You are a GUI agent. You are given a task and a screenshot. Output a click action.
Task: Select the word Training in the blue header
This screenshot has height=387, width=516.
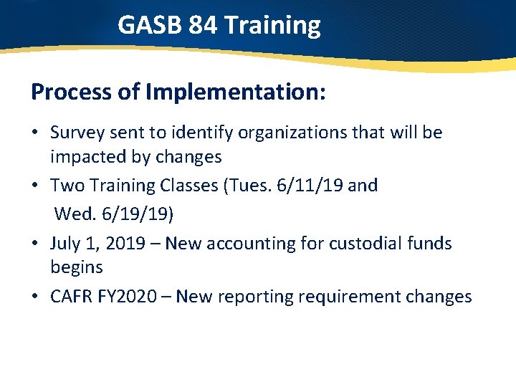(272, 26)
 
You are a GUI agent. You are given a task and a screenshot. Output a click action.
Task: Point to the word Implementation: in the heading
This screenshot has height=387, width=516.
(236, 92)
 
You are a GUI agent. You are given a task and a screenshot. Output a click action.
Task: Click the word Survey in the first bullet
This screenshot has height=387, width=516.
(76, 133)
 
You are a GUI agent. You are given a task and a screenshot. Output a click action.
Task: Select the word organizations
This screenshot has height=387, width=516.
(274, 133)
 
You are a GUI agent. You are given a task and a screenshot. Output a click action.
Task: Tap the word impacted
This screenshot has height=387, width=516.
(85, 156)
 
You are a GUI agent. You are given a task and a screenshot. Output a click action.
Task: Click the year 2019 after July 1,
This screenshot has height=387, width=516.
(125, 244)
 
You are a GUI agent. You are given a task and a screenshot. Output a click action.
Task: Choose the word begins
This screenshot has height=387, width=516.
(76, 268)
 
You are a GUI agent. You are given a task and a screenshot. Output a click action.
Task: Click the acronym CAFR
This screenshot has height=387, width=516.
(72, 297)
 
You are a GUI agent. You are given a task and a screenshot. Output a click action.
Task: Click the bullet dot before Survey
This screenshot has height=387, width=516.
(36, 133)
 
